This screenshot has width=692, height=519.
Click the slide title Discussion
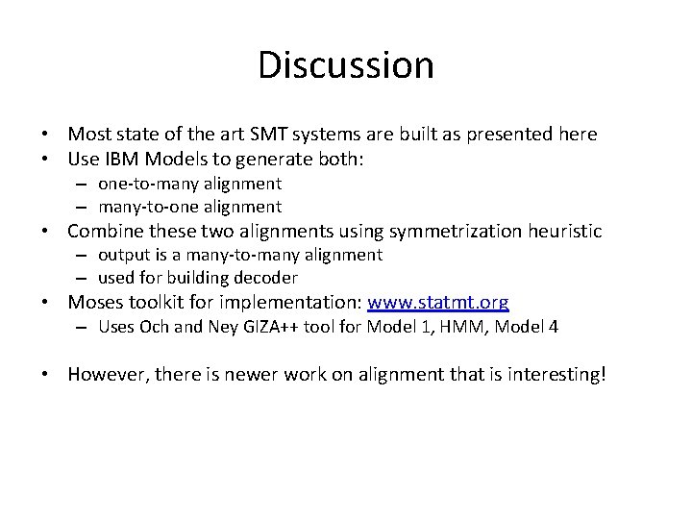point(346,65)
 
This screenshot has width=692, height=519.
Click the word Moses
point(95,303)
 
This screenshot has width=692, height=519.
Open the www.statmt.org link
point(438,303)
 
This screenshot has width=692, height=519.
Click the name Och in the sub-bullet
point(154,327)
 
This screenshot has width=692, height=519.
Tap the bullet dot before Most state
point(46,135)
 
